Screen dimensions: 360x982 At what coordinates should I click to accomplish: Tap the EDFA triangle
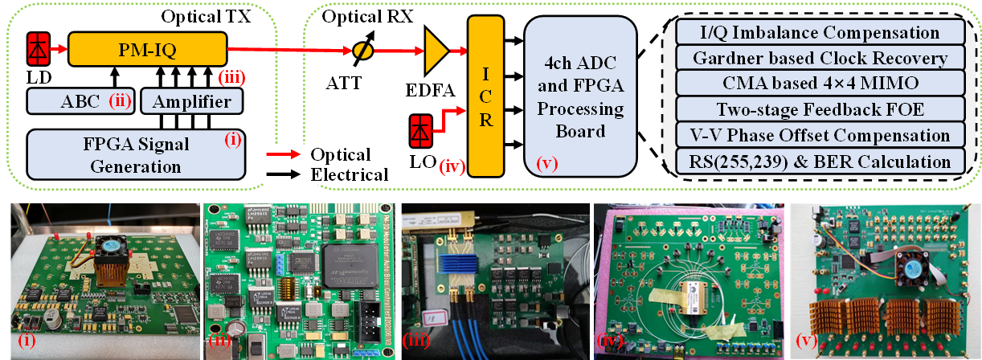coord(435,51)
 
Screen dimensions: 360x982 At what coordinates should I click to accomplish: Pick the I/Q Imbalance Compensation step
coord(819,33)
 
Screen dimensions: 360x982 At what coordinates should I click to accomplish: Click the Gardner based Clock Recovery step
coord(819,59)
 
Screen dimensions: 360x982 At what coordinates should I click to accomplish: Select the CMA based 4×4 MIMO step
coord(819,84)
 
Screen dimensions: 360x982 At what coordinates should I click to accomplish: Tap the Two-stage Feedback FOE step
coord(819,110)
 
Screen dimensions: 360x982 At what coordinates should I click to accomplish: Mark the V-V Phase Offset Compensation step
coord(819,136)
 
